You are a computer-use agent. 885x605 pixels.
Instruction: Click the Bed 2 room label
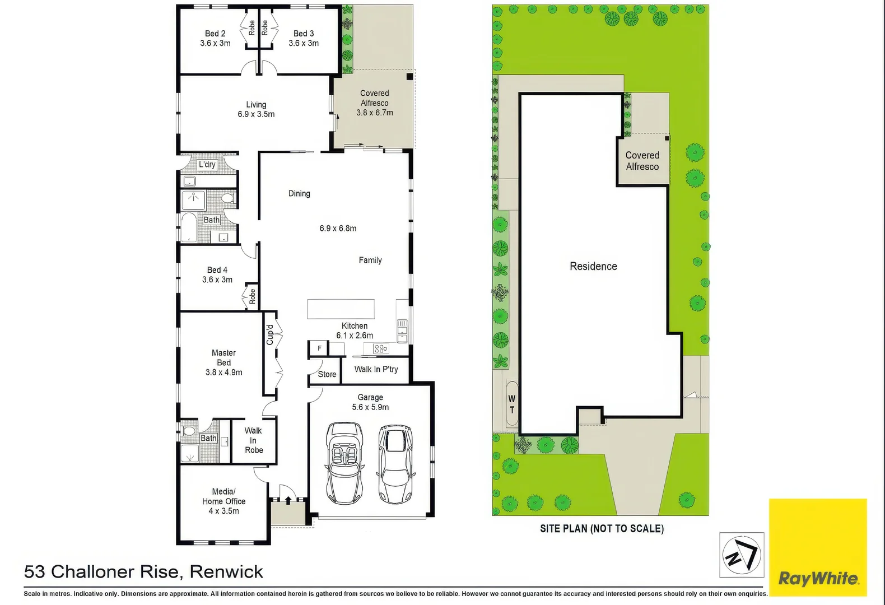point(215,34)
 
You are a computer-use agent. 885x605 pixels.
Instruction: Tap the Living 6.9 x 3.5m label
point(256,109)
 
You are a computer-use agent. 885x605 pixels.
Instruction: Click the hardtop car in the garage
point(395,464)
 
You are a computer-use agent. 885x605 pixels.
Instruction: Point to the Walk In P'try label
point(376,369)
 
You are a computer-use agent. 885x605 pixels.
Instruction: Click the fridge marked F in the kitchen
point(319,348)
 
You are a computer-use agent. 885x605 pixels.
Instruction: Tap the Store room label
point(327,374)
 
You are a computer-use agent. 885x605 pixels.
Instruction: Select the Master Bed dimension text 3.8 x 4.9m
point(223,373)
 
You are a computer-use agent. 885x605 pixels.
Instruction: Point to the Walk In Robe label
point(253,440)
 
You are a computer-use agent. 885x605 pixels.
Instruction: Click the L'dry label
point(207,165)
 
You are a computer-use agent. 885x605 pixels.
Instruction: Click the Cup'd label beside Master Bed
point(270,334)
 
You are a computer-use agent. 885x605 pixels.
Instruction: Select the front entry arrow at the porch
point(288,499)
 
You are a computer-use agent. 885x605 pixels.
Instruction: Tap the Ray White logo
point(818,578)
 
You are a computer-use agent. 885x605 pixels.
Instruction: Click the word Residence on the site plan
point(593,267)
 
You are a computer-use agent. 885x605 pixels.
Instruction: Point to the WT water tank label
point(511,404)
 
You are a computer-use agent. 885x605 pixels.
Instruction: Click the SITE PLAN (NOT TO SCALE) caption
point(602,528)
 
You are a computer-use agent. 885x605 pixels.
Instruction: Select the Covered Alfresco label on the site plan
point(642,161)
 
